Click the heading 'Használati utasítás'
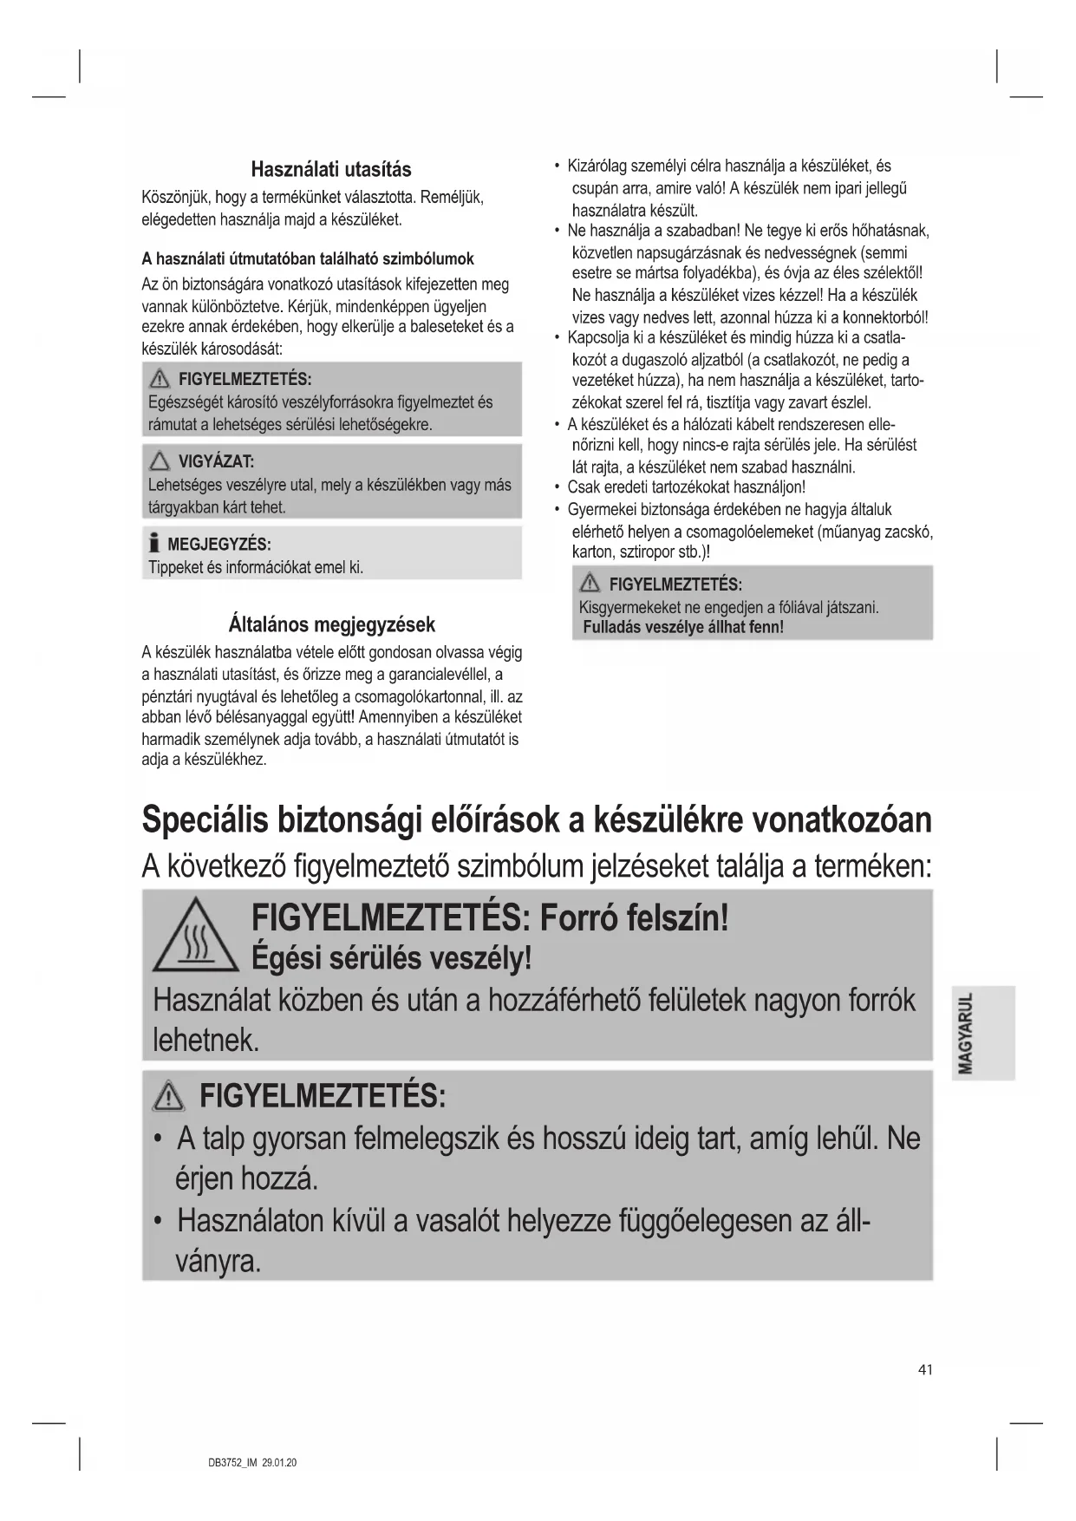[331, 169]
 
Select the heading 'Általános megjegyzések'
[331, 624]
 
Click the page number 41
[925, 1369]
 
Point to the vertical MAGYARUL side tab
[982, 1032]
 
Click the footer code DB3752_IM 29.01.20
[252, 1463]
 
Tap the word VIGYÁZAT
[216, 462]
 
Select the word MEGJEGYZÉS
[219, 545]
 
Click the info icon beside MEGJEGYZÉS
[154, 544]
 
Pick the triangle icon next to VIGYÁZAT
[160, 462]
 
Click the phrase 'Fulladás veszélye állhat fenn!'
[683, 627]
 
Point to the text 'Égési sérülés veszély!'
[391, 958]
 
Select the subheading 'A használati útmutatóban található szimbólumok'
[308, 258]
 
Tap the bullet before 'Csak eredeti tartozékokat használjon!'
[556, 487]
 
